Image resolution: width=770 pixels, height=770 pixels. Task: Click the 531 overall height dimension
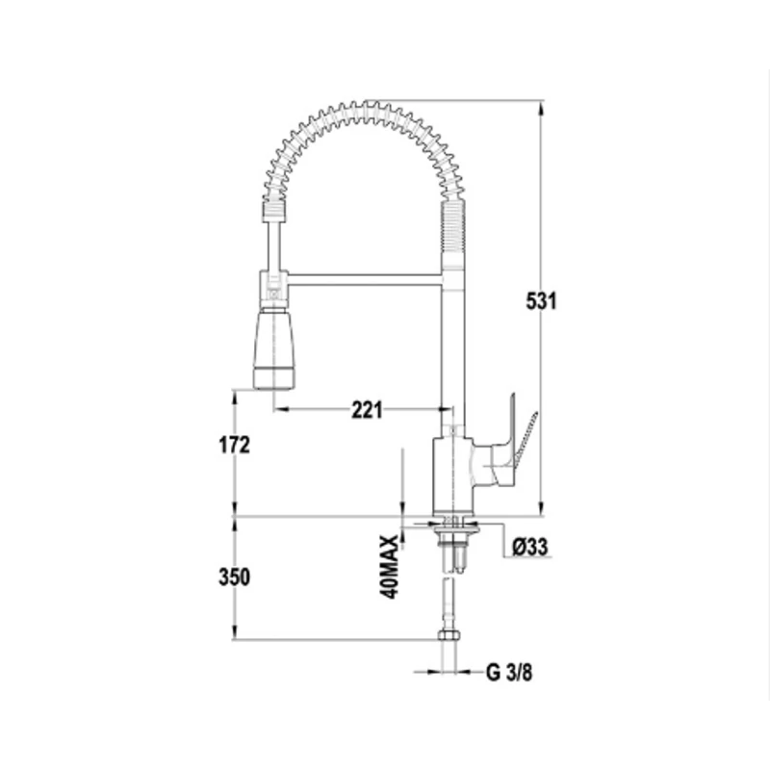[541, 300]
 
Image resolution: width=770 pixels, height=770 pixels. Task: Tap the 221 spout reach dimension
[367, 410]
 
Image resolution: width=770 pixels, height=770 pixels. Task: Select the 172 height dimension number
[234, 445]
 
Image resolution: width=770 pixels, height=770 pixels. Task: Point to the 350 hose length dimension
[234, 577]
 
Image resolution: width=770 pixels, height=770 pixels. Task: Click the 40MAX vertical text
[389, 567]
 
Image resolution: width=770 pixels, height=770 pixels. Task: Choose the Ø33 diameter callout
[530, 547]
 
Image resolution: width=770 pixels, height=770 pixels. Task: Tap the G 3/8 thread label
[509, 672]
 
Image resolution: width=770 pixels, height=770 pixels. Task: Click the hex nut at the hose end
[449, 634]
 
